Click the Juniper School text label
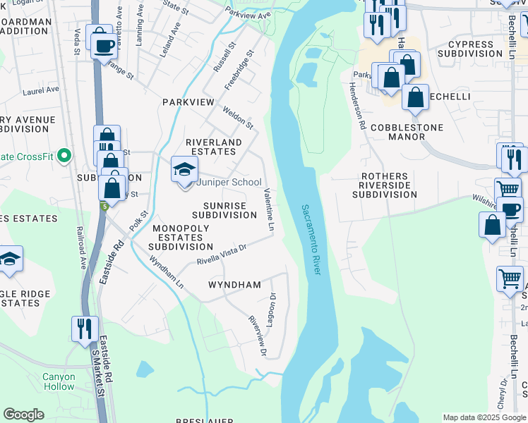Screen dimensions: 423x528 point(228,182)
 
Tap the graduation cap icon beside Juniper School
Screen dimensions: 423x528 point(184,170)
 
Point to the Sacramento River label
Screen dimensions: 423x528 point(308,240)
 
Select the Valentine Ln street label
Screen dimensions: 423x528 point(269,210)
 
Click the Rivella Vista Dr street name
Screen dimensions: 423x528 point(221,255)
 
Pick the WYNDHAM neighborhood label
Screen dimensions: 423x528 point(234,285)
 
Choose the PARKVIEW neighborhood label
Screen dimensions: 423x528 point(188,102)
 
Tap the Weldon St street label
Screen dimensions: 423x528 point(237,117)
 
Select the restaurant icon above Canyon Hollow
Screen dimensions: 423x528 point(83,329)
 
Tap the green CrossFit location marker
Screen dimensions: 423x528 point(64,155)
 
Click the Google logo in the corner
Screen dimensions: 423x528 point(23,415)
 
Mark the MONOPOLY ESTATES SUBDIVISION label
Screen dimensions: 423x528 point(180,238)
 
